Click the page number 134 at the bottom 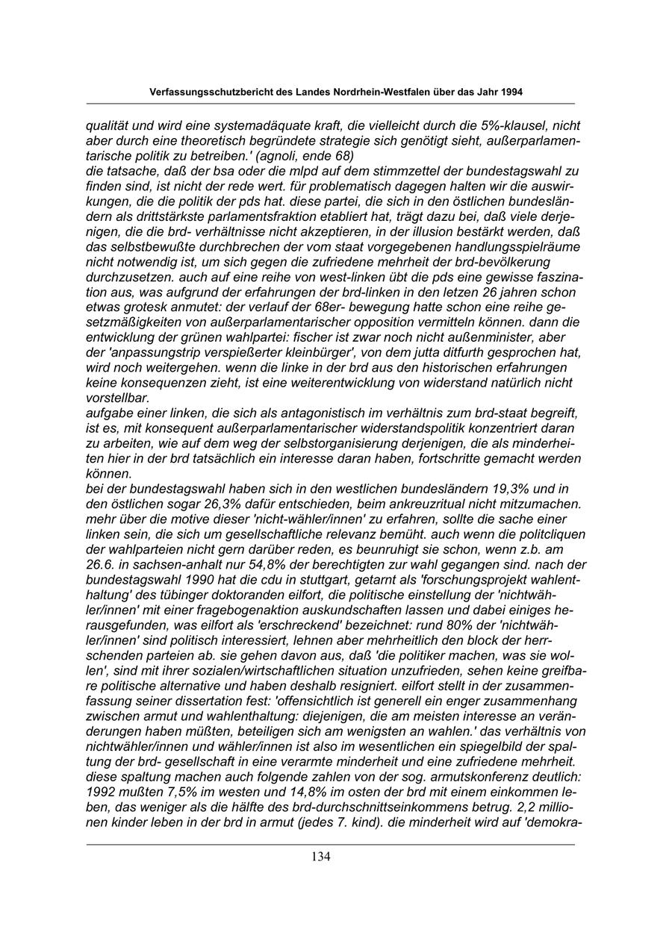pos(321,857)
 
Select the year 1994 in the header pos(508,92)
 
